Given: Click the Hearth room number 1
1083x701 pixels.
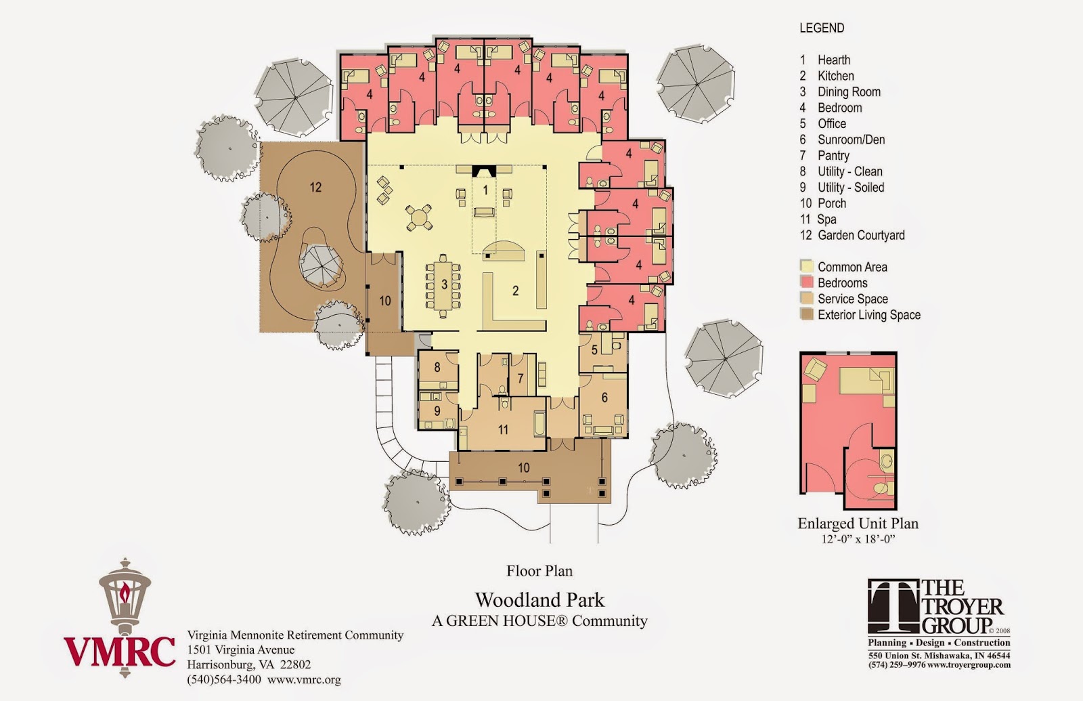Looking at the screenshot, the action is [x=486, y=190].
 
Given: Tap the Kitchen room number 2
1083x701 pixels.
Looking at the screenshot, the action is [x=515, y=291].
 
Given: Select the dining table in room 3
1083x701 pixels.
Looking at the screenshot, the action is [x=443, y=285].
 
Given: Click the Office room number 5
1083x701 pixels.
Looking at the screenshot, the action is [x=595, y=349].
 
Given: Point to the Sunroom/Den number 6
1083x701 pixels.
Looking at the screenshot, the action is [x=604, y=397].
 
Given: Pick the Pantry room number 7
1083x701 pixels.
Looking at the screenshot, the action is [x=521, y=378].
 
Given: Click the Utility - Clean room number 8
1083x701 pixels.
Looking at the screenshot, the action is [x=437, y=367].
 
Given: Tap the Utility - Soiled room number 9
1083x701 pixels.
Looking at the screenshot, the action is [x=437, y=410].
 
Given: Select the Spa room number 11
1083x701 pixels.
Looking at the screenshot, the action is [x=504, y=429].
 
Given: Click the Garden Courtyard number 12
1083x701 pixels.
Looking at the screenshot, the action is [x=315, y=187].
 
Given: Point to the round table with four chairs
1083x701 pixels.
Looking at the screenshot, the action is [x=419, y=217].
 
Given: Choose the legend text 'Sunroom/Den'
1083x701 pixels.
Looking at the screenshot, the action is [x=851, y=140].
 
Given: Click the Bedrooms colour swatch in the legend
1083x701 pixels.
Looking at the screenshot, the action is [x=806, y=282].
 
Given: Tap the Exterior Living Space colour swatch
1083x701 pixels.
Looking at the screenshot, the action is [x=806, y=314].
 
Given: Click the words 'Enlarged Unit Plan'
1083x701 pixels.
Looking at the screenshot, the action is [x=858, y=524].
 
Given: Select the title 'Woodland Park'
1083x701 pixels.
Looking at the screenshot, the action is [x=539, y=600].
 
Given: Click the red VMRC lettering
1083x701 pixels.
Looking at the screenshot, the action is [x=119, y=651].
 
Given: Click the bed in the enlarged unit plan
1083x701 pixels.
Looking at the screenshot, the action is [x=866, y=381].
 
